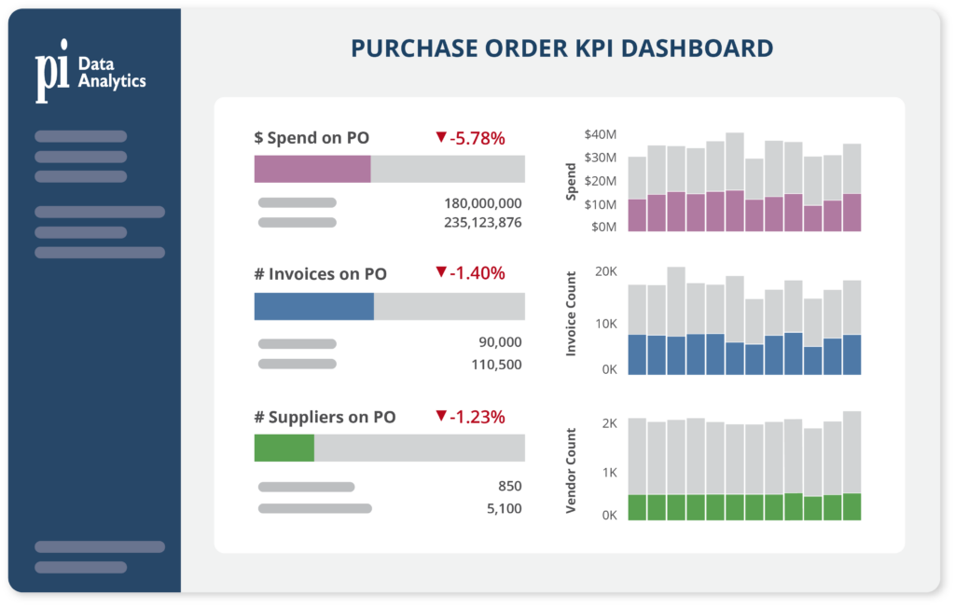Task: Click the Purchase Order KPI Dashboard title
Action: (561, 48)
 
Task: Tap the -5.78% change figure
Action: (477, 138)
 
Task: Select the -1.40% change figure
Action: (477, 273)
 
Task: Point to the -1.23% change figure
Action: (477, 417)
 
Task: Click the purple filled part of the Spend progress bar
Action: (312, 169)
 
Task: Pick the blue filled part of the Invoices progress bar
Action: (314, 307)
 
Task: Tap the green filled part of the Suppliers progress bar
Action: (284, 448)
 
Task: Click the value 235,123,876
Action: (483, 223)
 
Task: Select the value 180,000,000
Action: (483, 203)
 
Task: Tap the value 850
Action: (510, 487)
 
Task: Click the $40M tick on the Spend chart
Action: (600, 134)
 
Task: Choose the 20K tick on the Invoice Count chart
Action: (606, 271)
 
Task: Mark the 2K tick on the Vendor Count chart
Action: (609, 423)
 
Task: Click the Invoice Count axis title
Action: (573, 313)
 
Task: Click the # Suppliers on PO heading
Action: (325, 417)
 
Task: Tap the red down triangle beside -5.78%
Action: (441, 137)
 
